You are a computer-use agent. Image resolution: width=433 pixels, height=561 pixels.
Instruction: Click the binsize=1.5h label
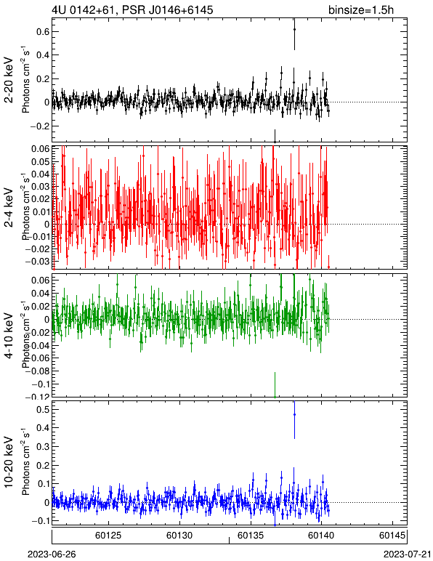361,9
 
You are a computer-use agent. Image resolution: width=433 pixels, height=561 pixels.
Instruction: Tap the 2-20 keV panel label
9,80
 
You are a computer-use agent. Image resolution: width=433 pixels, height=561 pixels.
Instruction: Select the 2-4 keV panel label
9,208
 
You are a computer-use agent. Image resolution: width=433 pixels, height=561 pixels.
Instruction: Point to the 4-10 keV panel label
9,336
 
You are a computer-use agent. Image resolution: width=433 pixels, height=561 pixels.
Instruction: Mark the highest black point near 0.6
294,29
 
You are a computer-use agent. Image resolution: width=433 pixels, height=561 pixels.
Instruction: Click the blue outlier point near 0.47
294,415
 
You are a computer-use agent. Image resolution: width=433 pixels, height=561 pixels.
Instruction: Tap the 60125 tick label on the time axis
108,536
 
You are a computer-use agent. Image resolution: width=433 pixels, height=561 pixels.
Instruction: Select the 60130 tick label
179,536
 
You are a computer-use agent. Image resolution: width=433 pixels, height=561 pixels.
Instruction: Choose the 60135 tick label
251,536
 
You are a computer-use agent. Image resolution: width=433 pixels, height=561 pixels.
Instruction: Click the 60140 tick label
321,536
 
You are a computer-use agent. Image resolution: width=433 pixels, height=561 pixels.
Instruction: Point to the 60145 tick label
392,536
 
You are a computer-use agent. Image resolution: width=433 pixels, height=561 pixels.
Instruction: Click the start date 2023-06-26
52,554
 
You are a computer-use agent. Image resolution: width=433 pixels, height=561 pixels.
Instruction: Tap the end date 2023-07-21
408,554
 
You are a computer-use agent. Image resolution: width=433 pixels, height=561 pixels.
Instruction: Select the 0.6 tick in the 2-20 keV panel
42,32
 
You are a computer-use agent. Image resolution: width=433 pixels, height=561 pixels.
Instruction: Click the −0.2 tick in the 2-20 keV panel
39,126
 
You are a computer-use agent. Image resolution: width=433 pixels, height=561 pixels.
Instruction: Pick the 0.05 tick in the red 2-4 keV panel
39,162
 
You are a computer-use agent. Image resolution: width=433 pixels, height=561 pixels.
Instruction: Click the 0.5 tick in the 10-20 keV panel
42,409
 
